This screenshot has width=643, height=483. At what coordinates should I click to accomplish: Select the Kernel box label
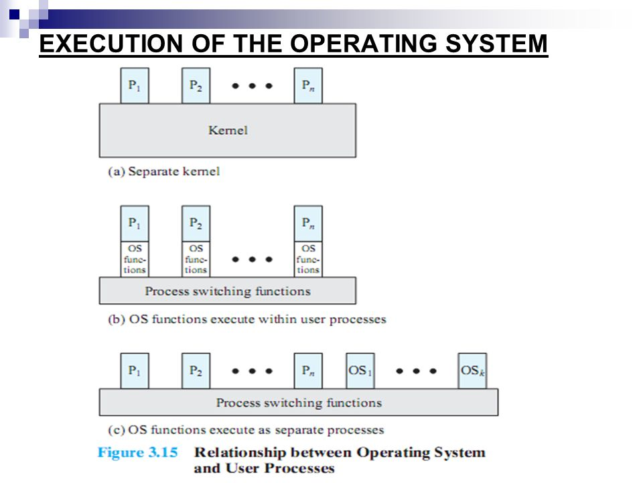(x=228, y=130)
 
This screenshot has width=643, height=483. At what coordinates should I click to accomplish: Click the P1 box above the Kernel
(x=135, y=86)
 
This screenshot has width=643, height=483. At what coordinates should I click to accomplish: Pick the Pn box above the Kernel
(x=307, y=86)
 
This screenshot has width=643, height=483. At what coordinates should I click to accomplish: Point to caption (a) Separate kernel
(x=164, y=172)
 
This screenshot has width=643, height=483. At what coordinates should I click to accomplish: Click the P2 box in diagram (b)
(x=196, y=223)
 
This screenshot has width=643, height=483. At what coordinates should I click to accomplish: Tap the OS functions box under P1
(x=135, y=259)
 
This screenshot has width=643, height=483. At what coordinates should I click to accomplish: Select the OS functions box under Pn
(x=307, y=259)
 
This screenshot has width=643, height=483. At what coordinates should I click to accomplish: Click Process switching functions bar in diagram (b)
(x=228, y=291)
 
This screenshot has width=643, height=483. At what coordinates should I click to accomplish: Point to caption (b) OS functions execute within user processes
(x=247, y=319)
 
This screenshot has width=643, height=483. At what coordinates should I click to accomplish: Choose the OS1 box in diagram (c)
(x=360, y=370)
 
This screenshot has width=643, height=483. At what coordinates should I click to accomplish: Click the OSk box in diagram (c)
(x=472, y=370)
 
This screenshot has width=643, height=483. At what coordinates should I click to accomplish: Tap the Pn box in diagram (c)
(x=307, y=370)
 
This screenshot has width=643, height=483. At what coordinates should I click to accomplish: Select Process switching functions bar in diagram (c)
(x=299, y=402)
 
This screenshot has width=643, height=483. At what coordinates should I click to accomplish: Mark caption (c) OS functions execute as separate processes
(x=246, y=429)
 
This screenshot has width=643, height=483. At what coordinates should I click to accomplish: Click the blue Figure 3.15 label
(x=137, y=452)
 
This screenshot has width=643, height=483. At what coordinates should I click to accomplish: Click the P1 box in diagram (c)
(x=135, y=370)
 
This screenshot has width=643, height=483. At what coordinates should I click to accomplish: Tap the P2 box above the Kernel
(x=196, y=86)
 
